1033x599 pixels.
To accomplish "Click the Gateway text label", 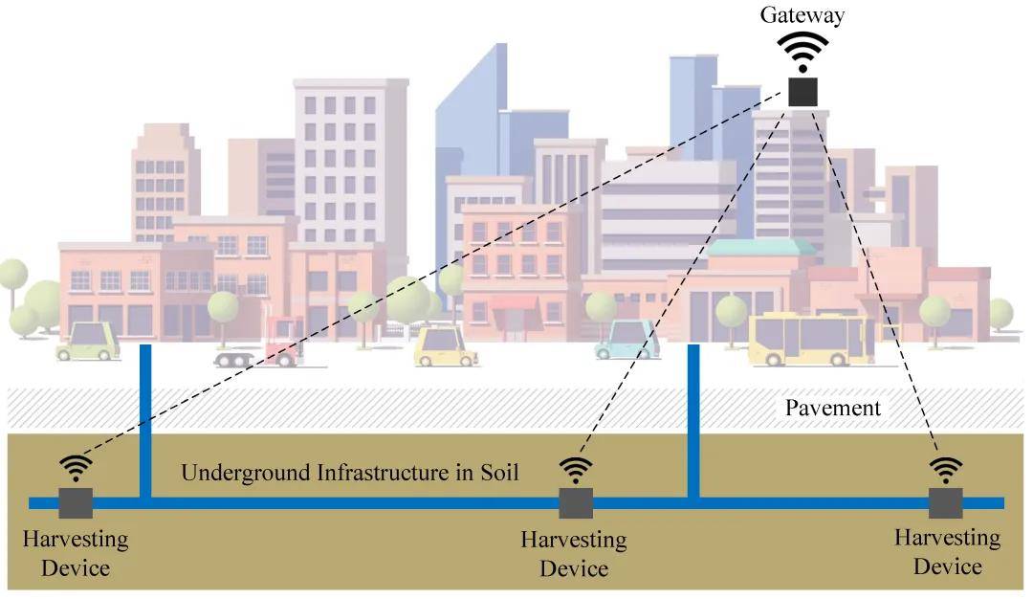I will tap(802, 14).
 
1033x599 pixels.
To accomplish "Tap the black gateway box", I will tap(803, 91).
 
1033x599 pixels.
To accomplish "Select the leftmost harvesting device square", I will tap(76, 502).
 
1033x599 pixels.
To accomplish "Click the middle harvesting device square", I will tap(576, 502).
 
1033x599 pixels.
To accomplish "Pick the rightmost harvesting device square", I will tap(945, 502).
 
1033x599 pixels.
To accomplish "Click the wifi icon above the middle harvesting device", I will tap(576, 469).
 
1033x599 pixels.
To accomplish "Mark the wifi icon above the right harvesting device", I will tap(946, 469).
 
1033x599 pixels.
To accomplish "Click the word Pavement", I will tap(832, 408).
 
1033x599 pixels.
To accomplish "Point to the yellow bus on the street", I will tap(810, 339).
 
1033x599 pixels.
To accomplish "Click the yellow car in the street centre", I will tap(446, 346).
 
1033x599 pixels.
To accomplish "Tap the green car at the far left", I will tap(88, 342).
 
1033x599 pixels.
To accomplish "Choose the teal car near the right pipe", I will tap(627, 341).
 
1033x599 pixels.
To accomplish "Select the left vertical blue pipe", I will tap(145, 421).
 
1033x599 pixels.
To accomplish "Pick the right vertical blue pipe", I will tap(693, 421).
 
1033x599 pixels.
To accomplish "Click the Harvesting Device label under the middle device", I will tap(574, 554).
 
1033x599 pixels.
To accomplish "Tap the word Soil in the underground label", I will tap(496, 472).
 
